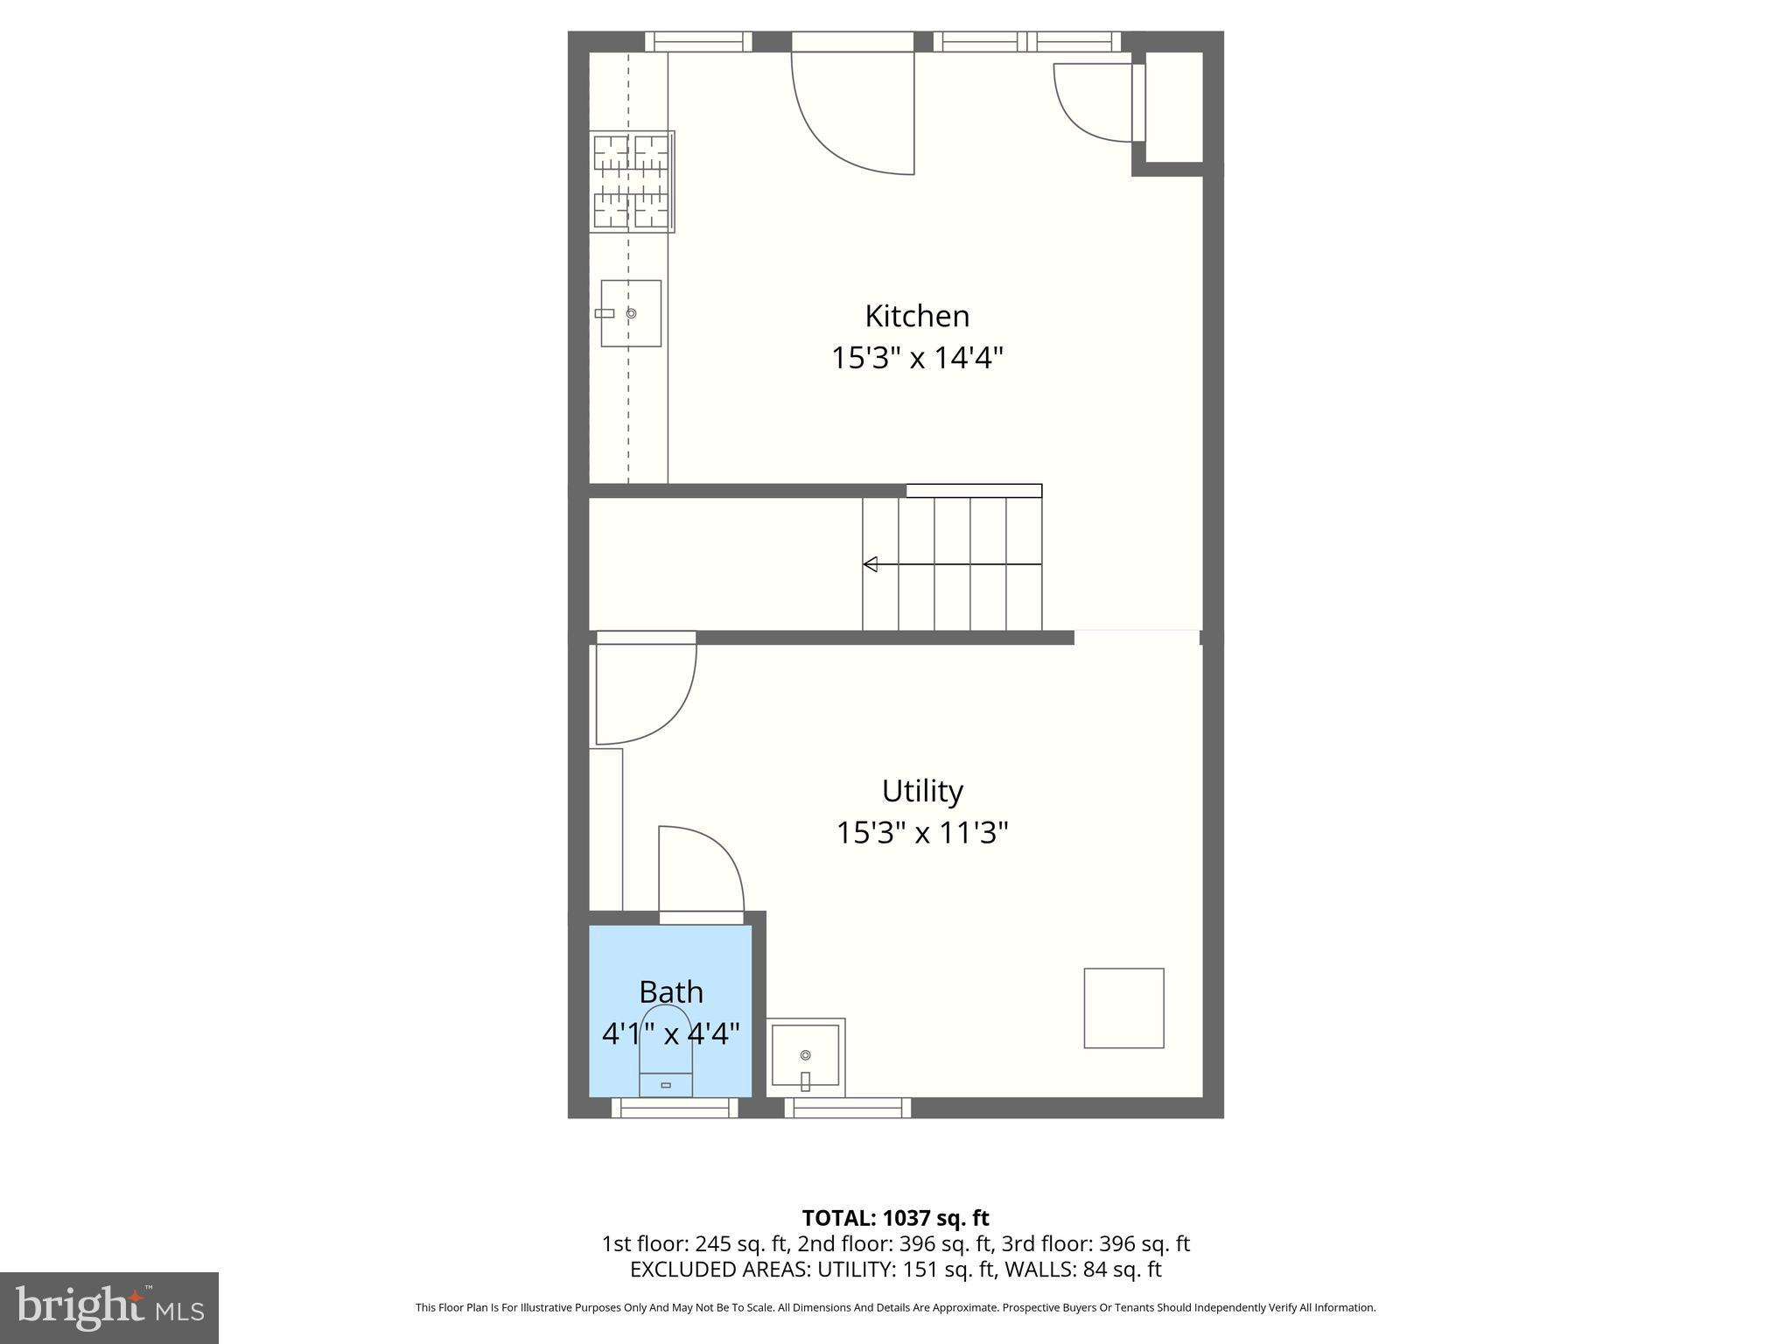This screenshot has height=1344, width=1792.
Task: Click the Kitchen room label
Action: (x=917, y=316)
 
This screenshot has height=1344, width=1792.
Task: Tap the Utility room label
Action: (x=922, y=791)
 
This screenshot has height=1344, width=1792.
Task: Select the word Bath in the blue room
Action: (x=671, y=992)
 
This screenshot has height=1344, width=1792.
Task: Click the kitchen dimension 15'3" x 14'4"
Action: (x=917, y=358)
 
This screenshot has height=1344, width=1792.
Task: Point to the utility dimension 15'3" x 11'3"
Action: (x=922, y=832)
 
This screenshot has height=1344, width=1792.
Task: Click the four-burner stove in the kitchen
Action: (x=632, y=182)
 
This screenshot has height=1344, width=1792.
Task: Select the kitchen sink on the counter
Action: (x=631, y=313)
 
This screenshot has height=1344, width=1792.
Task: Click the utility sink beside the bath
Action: (x=806, y=1058)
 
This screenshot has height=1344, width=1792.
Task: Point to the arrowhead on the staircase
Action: (x=870, y=564)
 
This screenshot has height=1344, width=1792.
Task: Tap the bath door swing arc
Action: (x=701, y=871)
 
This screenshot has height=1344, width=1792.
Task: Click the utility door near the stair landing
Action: (x=646, y=691)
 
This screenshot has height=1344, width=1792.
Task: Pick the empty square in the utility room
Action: (x=1123, y=1008)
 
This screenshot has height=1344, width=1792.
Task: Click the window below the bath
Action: (x=675, y=1109)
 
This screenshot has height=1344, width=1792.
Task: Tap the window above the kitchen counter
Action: (x=698, y=41)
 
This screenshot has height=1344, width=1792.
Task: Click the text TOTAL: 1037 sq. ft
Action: (x=895, y=1218)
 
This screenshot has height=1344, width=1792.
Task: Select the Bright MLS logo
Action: (x=109, y=1308)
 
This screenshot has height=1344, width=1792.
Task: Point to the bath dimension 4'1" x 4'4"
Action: (x=671, y=1034)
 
